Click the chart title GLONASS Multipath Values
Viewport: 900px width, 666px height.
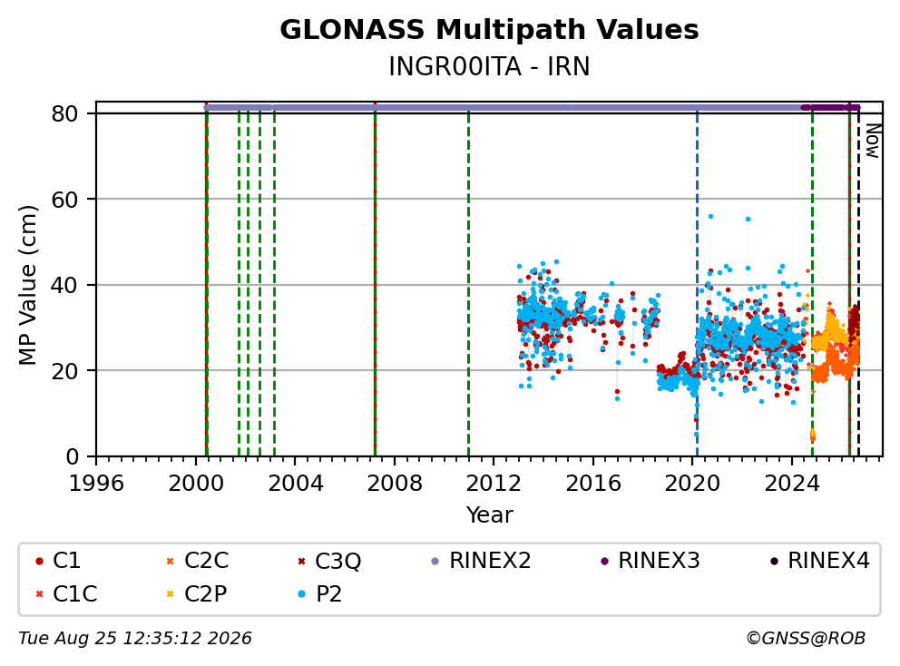pyautogui.click(x=489, y=30)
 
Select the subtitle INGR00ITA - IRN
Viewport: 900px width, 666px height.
pyautogui.click(x=489, y=66)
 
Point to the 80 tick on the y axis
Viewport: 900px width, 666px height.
pyautogui.click(x=64, y=113)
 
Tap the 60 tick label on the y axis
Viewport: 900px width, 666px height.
pyautogui.click(x=64, y=200)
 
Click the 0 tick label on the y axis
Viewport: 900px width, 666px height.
pyautogui.click(x=73, y=456)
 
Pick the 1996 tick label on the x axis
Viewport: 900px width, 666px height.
pyautogui.click(x=96, y=484)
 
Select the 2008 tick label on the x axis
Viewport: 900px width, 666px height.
pyautogui.click(x=395, y=484)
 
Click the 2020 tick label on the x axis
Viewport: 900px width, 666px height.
pyautogui.click(x=692, y=484)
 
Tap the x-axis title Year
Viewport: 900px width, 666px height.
pyautogui.click(x=489, y=514)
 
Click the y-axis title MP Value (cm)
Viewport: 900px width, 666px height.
pyautogui.click(x=27, y=285)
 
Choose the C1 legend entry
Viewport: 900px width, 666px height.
pyautogui.click(x=58, y=561)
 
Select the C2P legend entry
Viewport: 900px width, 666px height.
pyautogui.click(x=196, y=593)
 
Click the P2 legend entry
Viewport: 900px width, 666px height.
pyautogui.click(x=319, y=593)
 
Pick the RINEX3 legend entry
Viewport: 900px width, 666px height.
pyautogui.click(x=651, y=561)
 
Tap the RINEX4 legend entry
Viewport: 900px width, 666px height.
pyautogui.click(x=819, y=561)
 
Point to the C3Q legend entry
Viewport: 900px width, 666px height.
pyautogui.click(x=329, y=561)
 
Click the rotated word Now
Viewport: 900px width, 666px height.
pyautogui.click(x=873, y=142)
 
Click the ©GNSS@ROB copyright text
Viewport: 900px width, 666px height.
pyautogui.click(x=806, y=639)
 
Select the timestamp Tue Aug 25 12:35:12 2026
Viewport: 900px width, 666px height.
pyautogui.click(x=135, y=639)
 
